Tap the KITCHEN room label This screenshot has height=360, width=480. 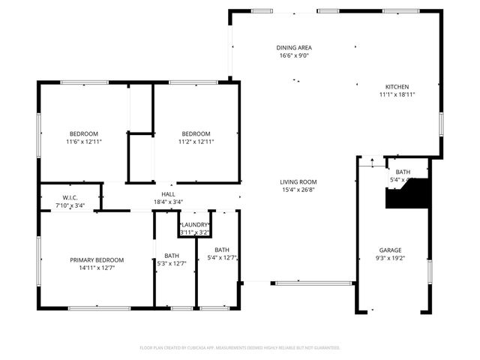(x=397, y=86)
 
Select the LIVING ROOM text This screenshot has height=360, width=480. (x=298, y=181)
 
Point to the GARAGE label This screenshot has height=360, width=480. (x=390, y=250)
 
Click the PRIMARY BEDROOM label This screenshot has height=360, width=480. (x=97, y=259)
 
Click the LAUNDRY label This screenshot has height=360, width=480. (x=195, y=224)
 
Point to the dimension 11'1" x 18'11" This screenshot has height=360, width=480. (x=397, y=94)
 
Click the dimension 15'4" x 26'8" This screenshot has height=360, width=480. (x=298, y=190)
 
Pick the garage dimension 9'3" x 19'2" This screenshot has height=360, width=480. (x=390, y=258)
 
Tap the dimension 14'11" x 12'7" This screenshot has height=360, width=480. (x=97, y=268)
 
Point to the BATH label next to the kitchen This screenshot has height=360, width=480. (x=403, y=172)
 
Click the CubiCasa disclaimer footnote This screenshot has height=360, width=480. (x=240, y=348)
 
